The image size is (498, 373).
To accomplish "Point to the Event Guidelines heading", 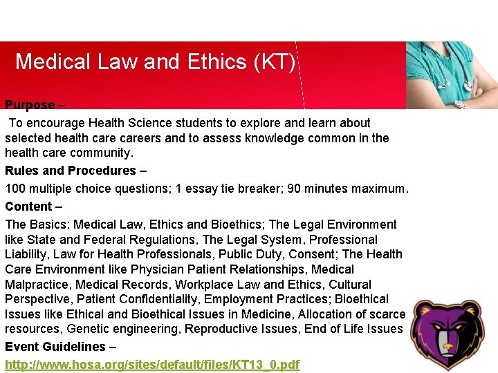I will click(55, 347).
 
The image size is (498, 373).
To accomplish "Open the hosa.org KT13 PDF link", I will click(152, 364).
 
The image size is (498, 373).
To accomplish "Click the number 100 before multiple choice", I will click(15, 189).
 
